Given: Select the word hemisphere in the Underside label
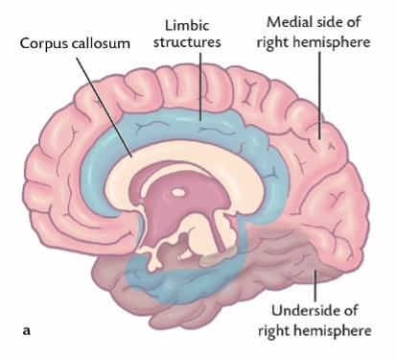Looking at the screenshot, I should (337, 331).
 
